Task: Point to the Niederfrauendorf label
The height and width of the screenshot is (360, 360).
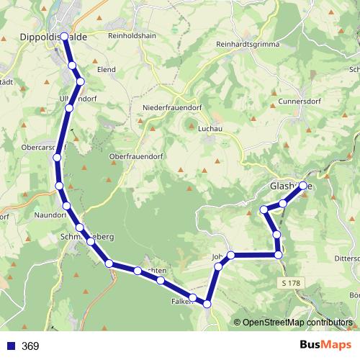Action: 173,108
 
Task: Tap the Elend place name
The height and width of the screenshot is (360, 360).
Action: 107,70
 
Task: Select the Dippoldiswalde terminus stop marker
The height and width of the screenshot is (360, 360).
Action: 65,35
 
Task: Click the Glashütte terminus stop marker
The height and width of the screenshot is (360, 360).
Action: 303,186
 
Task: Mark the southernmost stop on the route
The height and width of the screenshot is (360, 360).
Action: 207,305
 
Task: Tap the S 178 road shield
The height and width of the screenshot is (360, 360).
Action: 291,284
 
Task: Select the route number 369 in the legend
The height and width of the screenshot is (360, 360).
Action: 30,346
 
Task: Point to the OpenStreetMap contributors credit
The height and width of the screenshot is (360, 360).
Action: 297,323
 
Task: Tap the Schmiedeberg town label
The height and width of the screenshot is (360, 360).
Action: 88,236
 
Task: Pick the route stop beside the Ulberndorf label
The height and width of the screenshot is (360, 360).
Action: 69,108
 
